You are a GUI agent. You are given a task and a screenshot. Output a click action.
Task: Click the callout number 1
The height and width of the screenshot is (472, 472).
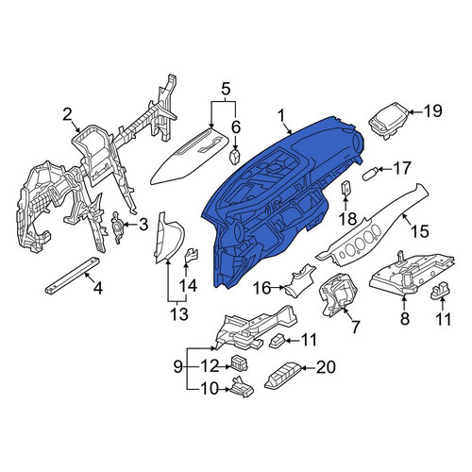point(281,116)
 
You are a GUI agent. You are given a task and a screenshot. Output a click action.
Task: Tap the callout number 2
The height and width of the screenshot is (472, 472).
point(67,115)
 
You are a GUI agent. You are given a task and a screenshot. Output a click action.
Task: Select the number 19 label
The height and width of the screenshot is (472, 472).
point(432,110)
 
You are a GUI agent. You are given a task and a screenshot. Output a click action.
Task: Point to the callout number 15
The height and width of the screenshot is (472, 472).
point(420,231)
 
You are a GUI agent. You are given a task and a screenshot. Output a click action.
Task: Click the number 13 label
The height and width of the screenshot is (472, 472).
point(178,313)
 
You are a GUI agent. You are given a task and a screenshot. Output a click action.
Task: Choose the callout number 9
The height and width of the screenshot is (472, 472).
point(178,366)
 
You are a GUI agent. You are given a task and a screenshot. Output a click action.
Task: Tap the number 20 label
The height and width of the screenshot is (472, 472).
point(326,367)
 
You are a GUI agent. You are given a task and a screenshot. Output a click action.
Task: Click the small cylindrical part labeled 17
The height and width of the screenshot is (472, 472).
point(370,173)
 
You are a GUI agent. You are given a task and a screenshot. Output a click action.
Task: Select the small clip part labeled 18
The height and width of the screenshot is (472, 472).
point(346,189)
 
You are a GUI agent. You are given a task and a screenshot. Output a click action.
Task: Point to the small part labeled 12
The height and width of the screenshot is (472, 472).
point(239,363)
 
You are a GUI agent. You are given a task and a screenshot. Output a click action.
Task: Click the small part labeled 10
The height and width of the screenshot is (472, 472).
point(243,386)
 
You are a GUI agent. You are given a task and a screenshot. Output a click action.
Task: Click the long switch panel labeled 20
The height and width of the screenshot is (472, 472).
point(284,376)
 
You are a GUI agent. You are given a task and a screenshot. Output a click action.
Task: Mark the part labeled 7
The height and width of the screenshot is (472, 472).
point(338,294)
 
